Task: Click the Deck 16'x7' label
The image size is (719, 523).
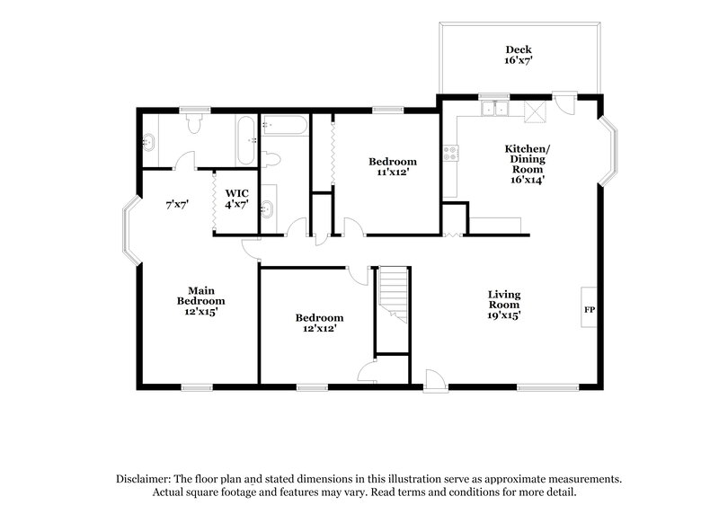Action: [x=518, y=55]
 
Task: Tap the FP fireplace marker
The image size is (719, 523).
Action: [x=590, y=310]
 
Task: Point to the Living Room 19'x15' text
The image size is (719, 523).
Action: [x=504, y=305]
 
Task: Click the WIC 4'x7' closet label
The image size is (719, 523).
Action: [x=237, y=199]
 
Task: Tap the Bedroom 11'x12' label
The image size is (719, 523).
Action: [x=393, y=167]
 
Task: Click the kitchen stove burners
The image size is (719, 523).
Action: [x=448, y=153]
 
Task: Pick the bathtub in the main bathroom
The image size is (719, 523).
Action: [x=244, y=143]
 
